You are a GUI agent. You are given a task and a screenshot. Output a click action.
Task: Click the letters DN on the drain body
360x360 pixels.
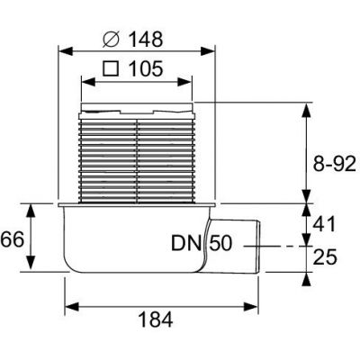pyautogui.click(x=185, y=243)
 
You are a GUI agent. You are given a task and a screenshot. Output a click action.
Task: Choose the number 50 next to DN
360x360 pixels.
pyautogui.click(x=222, y=243)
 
